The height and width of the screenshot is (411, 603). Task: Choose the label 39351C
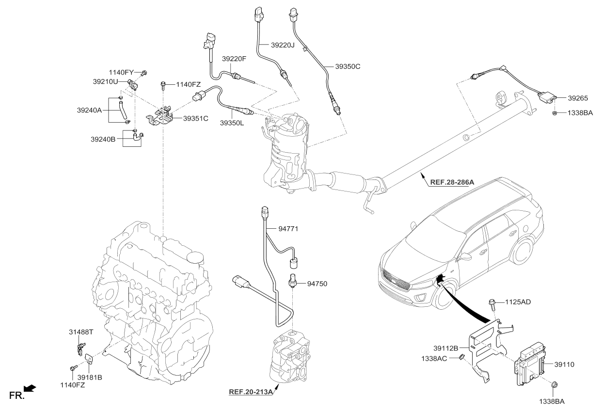(195, 118)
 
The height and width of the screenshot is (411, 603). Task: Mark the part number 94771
(290, 227)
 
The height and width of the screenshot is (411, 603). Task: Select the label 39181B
(90, 377)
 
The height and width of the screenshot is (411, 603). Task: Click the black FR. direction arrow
(30, 388)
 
